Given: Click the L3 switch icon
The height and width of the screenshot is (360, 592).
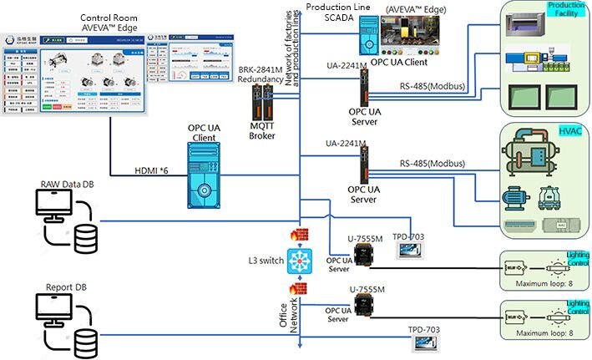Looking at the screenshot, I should tap(297, 260).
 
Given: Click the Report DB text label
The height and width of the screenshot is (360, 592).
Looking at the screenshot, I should tap(61, 287).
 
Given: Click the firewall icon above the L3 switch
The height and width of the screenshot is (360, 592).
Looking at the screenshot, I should tap(295, 236).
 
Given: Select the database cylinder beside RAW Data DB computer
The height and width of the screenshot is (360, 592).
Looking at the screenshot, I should tap(85, 239).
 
